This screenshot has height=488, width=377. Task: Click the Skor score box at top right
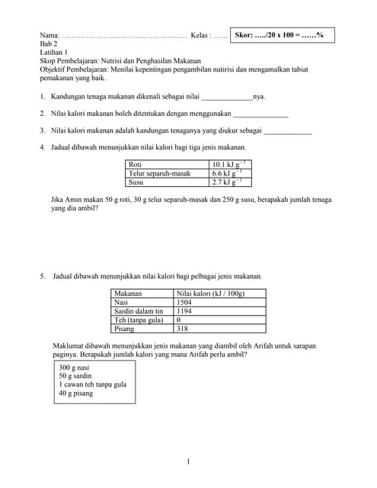pyautogui.click(x=283, y=35)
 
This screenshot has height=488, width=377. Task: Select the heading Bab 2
pyautogui.click(x=50, y=44)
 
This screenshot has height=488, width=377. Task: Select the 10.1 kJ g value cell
pyautogui.click(x=228, y=164)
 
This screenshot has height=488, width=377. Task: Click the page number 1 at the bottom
pyautogui.click(x=188, y=462)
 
